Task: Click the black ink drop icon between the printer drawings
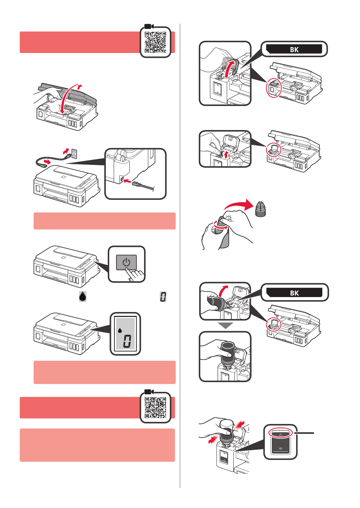click(83, 296)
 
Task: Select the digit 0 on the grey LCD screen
click(127, 341)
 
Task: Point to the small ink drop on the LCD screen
click(120, 329)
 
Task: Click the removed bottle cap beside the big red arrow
click(260, 209)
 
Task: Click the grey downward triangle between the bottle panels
click(226, 326)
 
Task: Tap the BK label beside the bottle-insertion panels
click(294, 293)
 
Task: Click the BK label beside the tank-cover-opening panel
click(294, 49)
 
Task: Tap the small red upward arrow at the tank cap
click(226, 154)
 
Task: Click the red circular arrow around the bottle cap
click(218, 226)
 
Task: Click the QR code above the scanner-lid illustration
click(156, 42)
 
